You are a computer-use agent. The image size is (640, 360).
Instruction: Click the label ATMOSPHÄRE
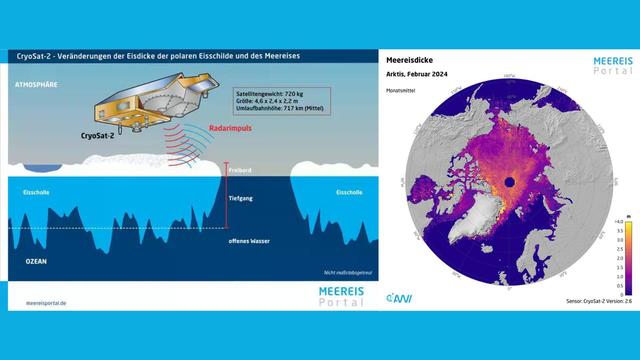(x=36, y=85)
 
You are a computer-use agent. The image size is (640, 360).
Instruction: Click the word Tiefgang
(x=241, y=199)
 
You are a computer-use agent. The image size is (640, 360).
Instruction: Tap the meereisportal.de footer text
(x=47, y=299)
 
